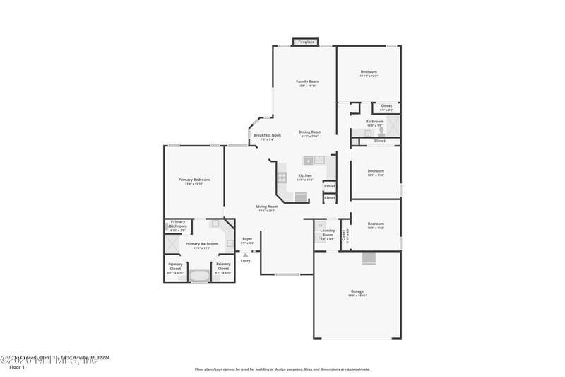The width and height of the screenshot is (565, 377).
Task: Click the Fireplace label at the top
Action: pyautogui.click(x=305, y=42)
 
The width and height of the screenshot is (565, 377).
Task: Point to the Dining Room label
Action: pyautogui.click(x=309, y=132)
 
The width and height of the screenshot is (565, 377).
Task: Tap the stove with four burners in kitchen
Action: pyautogui.click(x=282, y=178)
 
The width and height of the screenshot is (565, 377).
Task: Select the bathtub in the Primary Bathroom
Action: pyautogui.click(x=199, y=275)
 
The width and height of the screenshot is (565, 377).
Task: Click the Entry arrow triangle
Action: pyautogui.click(x=245, y=255)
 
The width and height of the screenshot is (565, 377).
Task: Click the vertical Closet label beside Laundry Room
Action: pyautogui.click(x=344, y=234)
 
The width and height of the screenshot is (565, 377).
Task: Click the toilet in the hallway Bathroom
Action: pyautogui.click(x=379, y=131)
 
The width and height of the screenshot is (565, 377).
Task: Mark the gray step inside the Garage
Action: pyautogui.click(x=369, y=259)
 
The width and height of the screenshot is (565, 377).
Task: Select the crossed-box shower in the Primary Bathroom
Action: pyautogui.click(x=172, y=244)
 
